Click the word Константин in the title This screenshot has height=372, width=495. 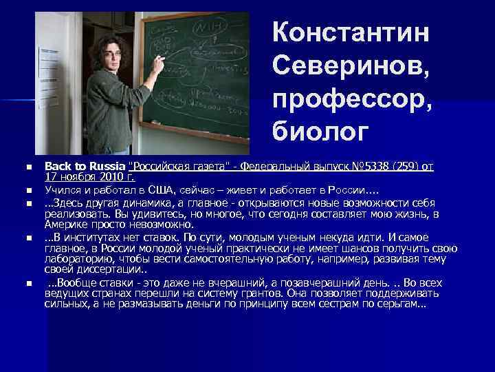pos(351,32)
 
